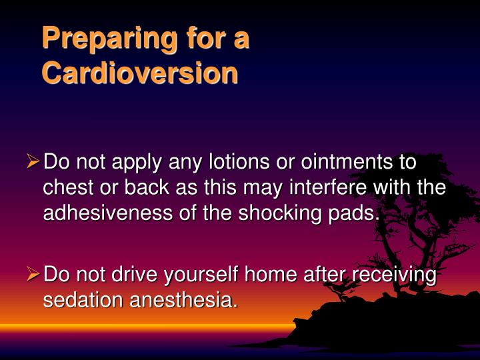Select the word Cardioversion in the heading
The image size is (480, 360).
[139, 73]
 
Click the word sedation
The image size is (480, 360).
[83, 300]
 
